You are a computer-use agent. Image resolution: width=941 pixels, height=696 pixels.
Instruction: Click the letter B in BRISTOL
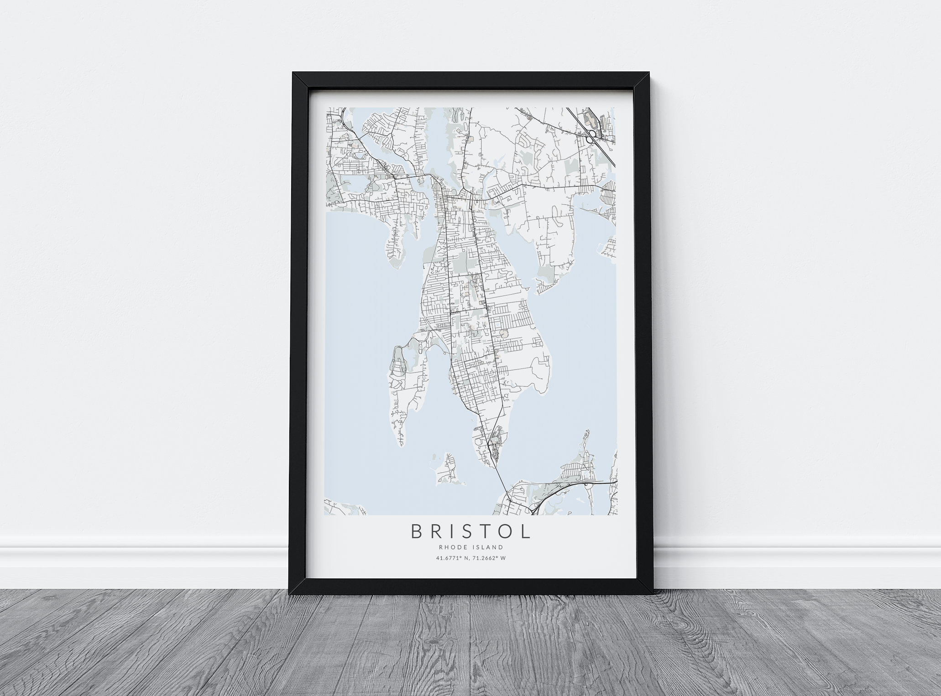[417, 531]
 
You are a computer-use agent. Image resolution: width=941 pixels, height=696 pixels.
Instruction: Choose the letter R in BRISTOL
[434, 531]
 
